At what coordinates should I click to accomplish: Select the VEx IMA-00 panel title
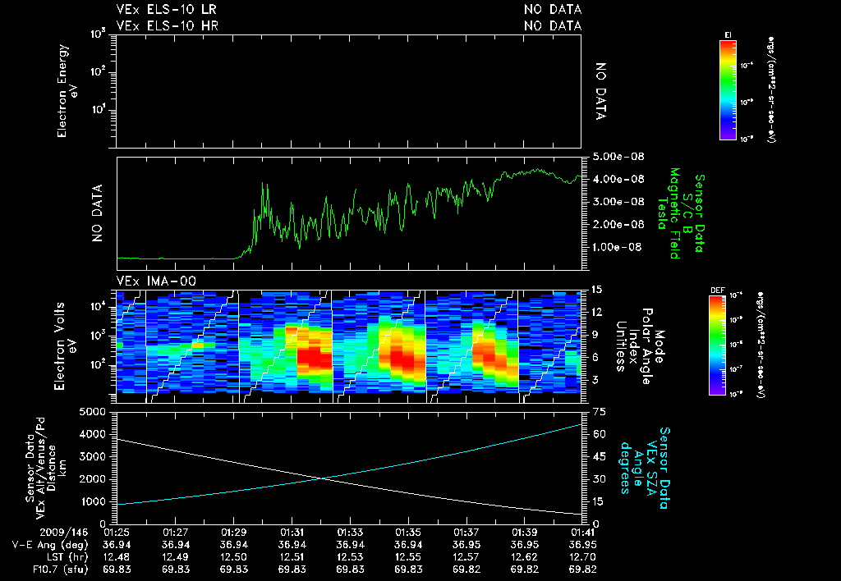[149, 281]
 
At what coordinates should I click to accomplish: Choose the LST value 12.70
[581, 556]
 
